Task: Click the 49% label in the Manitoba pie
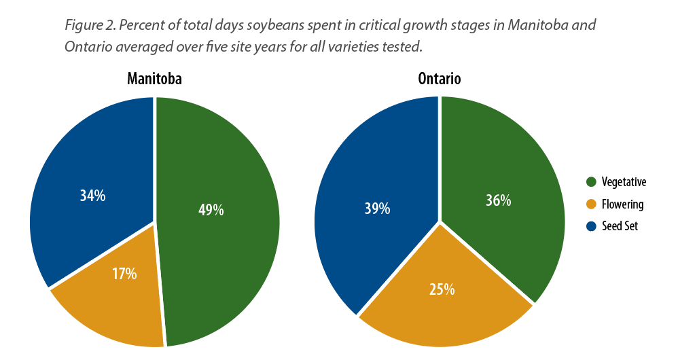[x=211, y=210]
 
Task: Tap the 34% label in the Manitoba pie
[x=92, y=196]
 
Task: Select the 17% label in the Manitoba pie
[x=124, y=274]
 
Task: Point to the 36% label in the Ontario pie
[x=498, y=200]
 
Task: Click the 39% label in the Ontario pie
[x=377, y=209]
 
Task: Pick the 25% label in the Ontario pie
[x=442, y=289]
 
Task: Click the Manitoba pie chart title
[x=154, y=79]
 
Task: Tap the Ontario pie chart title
[x=440, y=79]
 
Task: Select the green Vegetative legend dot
[x=591, y=182]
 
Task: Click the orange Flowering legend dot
[x=591, y=204]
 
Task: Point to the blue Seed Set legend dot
[x=591, y=226]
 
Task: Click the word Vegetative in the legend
[x=624, y=182]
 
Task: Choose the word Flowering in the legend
[x=622, y=204]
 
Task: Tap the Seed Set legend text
[x=620, y=226]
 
